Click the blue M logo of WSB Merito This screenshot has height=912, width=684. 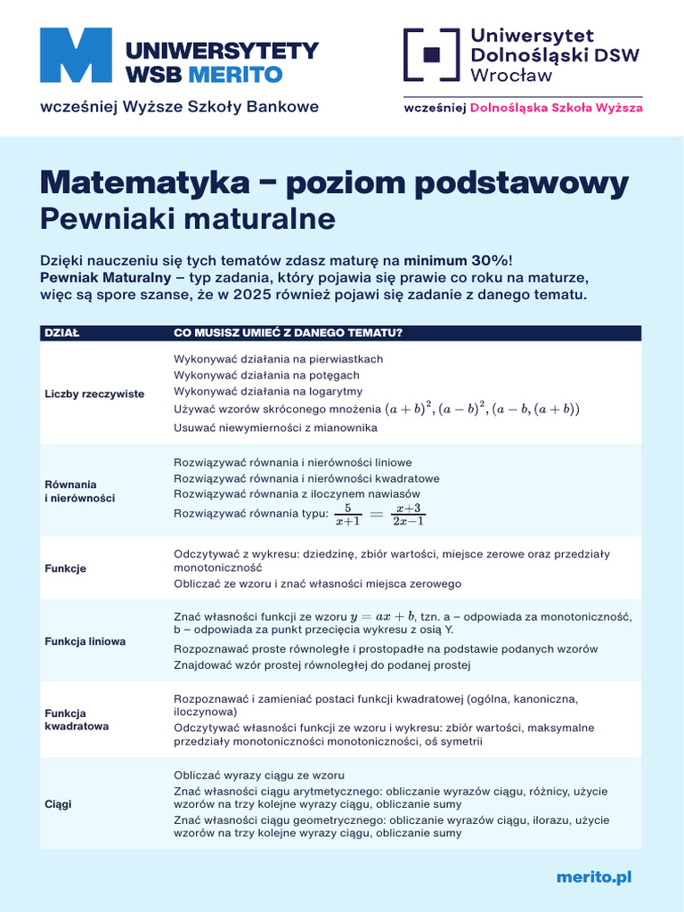(76, 55)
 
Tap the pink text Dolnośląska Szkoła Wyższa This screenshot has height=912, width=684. (556, 108)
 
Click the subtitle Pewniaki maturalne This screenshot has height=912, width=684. (187, 218)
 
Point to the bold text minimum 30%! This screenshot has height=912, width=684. (458, 260)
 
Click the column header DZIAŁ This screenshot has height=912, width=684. (61, 333)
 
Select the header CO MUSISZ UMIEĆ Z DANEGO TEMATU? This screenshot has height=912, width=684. (288, 333)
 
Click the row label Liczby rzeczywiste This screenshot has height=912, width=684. (94, 394)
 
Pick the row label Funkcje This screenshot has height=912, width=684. (65, 568)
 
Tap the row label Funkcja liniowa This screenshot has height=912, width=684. (85, 641)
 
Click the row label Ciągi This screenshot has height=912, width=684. (58, 804)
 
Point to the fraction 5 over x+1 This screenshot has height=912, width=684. (346, 514)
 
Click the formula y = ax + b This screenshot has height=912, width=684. (376, 616)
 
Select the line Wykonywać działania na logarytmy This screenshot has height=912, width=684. (267, 391)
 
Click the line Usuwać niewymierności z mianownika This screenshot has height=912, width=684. (275, 427)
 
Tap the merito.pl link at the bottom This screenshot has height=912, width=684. (593, 877)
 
